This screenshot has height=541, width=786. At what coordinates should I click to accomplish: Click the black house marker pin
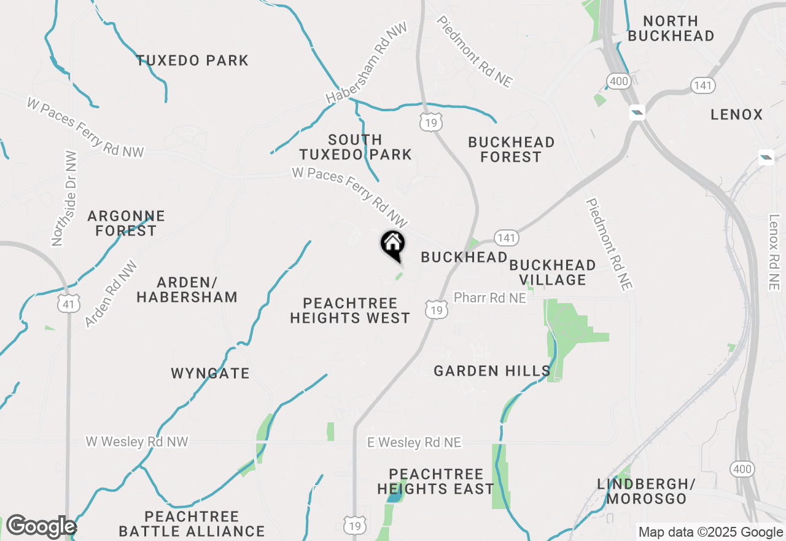392,244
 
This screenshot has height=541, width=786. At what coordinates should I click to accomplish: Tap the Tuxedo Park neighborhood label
192,60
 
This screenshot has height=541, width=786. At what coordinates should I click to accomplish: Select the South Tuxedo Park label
355,147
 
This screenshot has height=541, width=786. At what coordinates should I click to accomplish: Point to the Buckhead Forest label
511,149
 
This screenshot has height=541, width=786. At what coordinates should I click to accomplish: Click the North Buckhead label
671,28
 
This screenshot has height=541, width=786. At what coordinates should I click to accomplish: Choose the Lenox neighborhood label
736,114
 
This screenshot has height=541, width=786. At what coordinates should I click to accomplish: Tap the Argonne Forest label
126,223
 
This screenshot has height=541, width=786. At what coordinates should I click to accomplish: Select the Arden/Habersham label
187,290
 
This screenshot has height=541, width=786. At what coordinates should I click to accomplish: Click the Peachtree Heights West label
350,310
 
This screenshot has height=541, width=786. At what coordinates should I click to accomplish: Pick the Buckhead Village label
552,272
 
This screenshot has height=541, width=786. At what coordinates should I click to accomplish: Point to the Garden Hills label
491,371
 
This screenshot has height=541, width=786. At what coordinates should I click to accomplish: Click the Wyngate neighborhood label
210,373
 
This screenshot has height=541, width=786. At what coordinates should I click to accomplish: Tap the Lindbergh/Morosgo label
645,491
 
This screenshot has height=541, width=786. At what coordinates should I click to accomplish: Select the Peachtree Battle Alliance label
192,523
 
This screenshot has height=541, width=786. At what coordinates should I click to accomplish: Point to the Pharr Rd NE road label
489,298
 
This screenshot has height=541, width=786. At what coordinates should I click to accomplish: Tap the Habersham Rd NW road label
367,63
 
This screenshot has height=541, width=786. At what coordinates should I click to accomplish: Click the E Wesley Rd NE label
413,442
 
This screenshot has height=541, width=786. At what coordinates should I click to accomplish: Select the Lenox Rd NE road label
773,251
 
